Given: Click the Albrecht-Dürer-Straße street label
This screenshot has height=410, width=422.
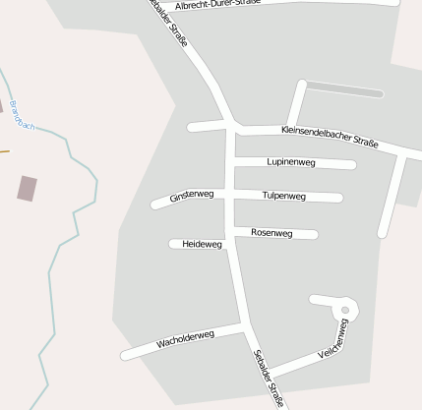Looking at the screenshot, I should (x=217, y=4).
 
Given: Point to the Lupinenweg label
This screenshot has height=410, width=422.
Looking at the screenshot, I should (x=290, y=162).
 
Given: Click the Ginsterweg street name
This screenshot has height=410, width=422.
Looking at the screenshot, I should (x=191, y=197).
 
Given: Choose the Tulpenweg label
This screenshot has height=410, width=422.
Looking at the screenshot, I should (x=284, y=197).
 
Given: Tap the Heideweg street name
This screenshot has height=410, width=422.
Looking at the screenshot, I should (x=203, y=243).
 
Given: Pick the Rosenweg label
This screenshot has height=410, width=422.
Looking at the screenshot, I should (x=271, y=233).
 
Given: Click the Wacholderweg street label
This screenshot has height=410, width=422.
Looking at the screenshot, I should (x=185, y=340).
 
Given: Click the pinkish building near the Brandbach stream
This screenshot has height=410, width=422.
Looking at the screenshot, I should (x=27, y=188).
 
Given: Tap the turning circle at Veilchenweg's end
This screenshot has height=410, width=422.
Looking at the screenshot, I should (x=348, y=310).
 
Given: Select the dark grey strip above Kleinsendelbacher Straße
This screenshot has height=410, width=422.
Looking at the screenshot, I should (x=343, y=89).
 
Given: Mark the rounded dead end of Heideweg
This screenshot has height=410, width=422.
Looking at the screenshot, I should (x=173, y=243).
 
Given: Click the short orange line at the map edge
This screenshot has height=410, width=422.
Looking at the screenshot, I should (x=4, y=151).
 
